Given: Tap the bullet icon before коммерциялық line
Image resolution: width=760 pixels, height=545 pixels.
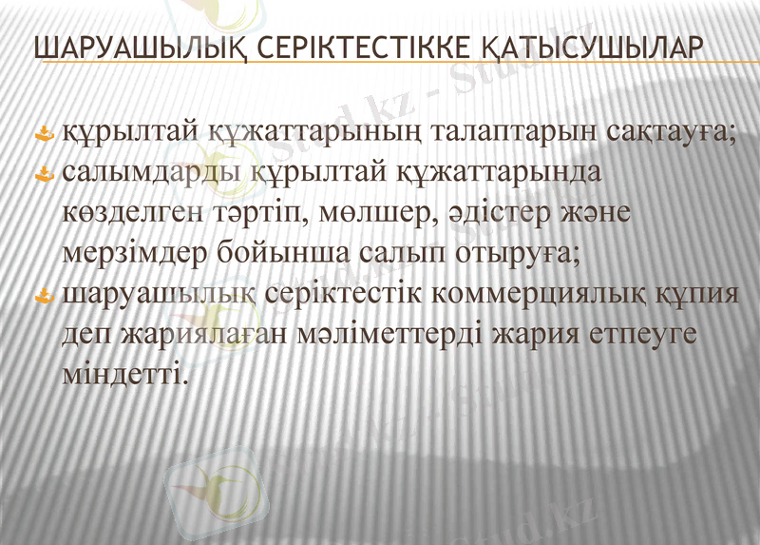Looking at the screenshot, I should tap(43, 298).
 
